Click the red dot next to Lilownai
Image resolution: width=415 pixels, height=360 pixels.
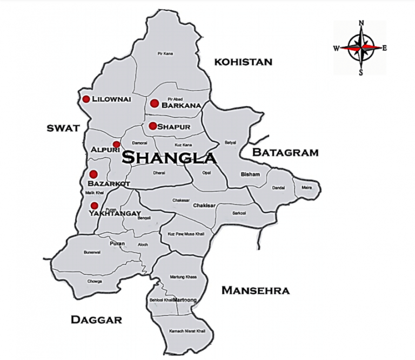86,99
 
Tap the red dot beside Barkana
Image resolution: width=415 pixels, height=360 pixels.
155,104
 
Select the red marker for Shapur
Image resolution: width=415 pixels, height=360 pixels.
153,126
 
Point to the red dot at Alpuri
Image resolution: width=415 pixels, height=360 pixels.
117,145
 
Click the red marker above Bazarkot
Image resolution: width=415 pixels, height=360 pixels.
93,174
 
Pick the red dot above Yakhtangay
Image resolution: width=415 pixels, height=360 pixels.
95,206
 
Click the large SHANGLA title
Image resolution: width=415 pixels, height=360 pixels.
169,158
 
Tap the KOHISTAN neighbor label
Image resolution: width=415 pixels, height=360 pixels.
243,62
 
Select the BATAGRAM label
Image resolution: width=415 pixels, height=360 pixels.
285,153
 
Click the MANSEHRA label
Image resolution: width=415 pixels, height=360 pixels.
255,291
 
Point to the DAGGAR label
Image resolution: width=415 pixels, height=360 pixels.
97,320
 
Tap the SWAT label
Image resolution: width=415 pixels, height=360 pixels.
63,128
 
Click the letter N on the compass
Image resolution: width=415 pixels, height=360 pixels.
361,23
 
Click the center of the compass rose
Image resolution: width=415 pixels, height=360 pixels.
361,47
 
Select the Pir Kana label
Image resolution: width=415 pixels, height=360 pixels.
165,53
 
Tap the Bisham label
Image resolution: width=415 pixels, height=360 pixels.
250,174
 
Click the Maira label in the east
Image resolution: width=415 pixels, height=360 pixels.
306,188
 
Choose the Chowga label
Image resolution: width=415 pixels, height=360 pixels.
94,281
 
